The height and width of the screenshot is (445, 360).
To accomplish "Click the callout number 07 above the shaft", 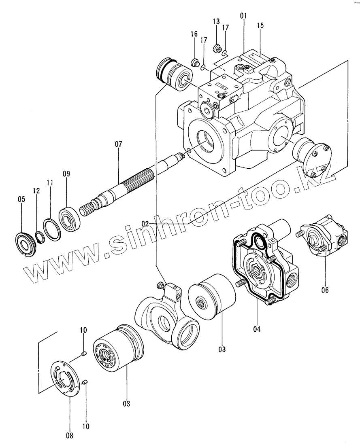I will click(x=118, y=144).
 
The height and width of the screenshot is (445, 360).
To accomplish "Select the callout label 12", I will click(x=36, y=191).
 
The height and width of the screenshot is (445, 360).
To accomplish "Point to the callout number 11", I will click(x=49, y=183).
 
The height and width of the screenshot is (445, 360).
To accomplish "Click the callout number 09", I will click(x=66, y=174).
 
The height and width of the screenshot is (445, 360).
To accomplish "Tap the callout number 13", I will click(x=215, y=21).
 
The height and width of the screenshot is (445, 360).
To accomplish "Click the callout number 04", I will click(x=256, y=329).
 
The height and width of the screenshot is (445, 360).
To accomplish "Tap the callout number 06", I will click(x=326, y=290).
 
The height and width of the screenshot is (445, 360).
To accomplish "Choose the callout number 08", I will click(x=70, y=435).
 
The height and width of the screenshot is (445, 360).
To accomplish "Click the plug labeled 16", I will click(x=195, y=62).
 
